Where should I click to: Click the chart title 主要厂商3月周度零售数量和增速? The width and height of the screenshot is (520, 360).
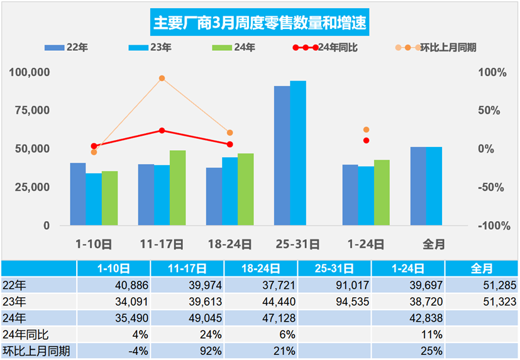260,24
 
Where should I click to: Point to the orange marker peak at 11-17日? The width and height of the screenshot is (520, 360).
162,79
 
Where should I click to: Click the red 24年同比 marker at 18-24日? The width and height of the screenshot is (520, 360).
230,145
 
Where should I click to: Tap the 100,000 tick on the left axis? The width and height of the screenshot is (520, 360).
29,72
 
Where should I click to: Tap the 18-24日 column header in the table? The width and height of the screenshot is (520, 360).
260,268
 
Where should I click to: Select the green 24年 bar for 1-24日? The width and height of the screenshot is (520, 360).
382,192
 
